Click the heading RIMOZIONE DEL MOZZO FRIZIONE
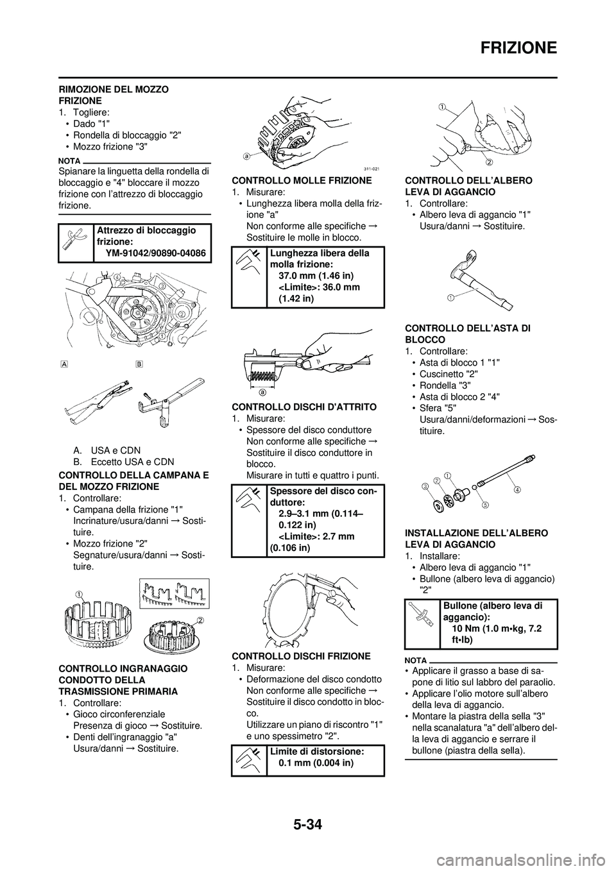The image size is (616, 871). tap(114, 96)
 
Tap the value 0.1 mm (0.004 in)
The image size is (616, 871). tap(316, 763)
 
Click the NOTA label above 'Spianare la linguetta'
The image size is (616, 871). tap(67, 162)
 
